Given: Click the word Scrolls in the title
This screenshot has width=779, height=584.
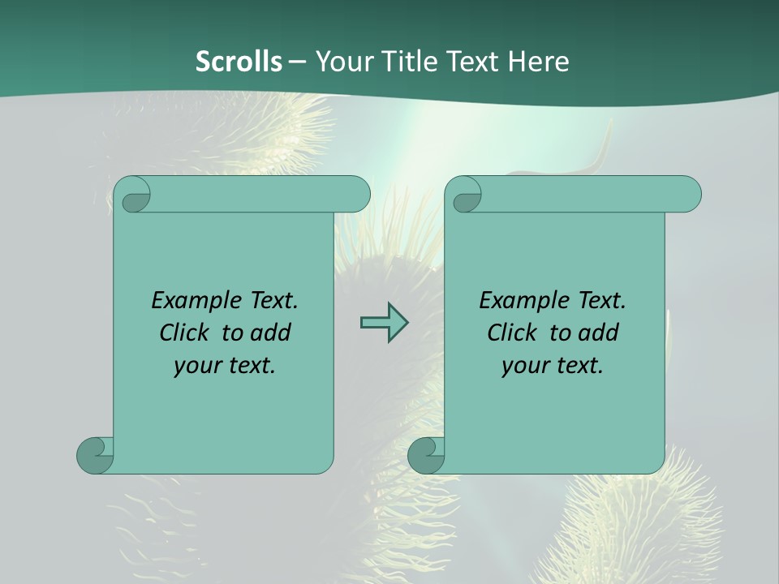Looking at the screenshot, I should [239, 62].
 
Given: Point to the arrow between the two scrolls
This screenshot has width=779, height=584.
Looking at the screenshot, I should [384, 322].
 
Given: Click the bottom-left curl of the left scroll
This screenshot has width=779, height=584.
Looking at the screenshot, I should [94, 455].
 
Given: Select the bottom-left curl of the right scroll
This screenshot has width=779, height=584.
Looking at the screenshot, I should [425, 455].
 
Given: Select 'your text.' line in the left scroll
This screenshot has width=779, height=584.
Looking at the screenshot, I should [225, 366].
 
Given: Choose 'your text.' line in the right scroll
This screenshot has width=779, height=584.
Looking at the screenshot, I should [553, 366].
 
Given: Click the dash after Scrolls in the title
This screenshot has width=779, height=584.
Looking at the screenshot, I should [297, 62].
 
